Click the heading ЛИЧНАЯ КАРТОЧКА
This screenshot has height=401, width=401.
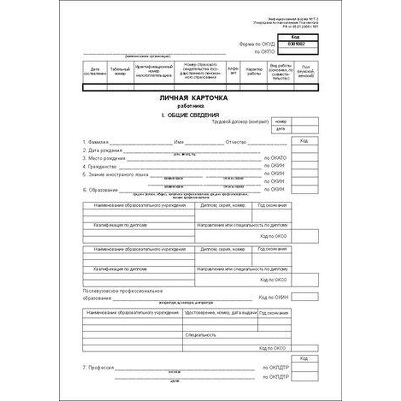click(x=193, y=98)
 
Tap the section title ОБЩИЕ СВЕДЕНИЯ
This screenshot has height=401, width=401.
click(x=193, y=115)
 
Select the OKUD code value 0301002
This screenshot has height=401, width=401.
click(x=298, y=44)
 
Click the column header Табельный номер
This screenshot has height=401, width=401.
click(x=120, y=71)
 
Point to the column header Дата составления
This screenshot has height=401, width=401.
click(x=95, y=71)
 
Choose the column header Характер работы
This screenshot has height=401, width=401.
click(x=254, y=71)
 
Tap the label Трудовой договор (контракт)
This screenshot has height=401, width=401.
click(x=240, y=122)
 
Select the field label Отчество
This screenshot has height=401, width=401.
click(x=236, y=142)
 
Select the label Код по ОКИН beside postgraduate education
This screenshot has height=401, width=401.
click(x=273, y=297)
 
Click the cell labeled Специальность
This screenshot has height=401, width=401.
click(x=200, y=335)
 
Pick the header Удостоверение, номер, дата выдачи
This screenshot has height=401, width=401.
click(x=221, y=313)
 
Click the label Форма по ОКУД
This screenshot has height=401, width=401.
click(x=257, y=44)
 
